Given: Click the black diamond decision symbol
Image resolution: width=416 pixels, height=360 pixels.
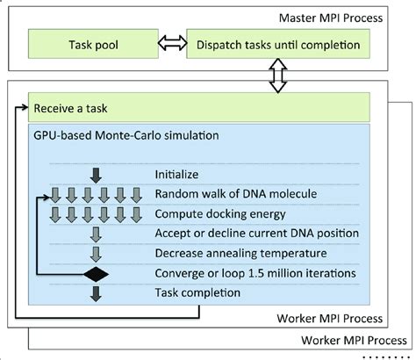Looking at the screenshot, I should (x=96, y=275).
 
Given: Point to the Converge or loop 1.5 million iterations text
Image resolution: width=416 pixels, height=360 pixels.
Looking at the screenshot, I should (x=254, y=273).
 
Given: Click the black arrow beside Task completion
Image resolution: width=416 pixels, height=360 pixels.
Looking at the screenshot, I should (x=96, y=294).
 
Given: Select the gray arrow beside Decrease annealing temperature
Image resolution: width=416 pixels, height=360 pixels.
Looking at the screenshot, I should (x=96, y=254).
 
